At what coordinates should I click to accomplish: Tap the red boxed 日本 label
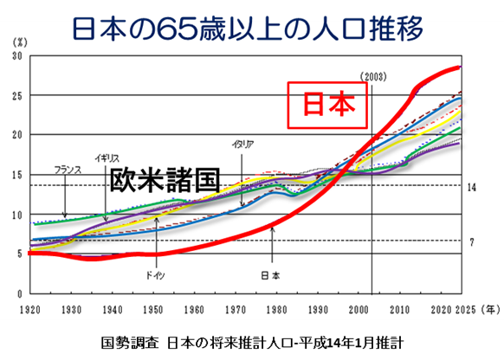pyautogui.click(x=328, y=105)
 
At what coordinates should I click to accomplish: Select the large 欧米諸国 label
pyautogui.click(x=165, y=180)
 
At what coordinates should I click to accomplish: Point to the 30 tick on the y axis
pyautogui.click(x=18, y=56)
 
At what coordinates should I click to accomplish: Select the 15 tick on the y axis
pyautogui.click(x=18, y=175)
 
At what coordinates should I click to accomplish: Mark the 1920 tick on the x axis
pyautogui.click(x=29, y=309)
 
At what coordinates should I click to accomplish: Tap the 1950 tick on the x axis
pyautogui.click(x=154, y=309)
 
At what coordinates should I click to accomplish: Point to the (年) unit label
pyautogui.click(x=489, y=309)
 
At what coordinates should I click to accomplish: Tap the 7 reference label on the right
pyautogui.click(x=472, y=242)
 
